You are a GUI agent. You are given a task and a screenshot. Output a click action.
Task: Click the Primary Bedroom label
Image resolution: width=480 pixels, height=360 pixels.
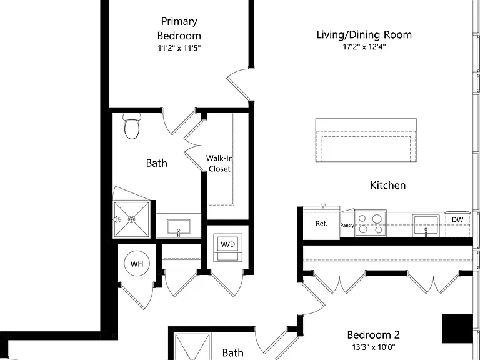(179, 29)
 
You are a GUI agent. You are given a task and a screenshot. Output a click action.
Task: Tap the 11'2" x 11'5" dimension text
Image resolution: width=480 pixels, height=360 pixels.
(179, 48)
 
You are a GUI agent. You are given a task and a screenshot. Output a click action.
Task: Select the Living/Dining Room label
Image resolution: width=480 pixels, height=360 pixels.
(364, 35)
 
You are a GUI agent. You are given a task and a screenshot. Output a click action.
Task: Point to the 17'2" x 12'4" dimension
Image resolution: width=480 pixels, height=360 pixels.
(364, 47)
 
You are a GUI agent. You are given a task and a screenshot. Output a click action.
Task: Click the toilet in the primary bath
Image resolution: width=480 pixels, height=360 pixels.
(132, 126)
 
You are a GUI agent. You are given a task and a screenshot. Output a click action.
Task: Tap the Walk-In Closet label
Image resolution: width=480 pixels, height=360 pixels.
(219, 164)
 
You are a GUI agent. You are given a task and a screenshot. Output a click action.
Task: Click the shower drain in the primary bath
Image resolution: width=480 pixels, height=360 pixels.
(132, 219)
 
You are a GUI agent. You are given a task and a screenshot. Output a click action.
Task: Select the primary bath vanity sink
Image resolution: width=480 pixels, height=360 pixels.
(179, 227)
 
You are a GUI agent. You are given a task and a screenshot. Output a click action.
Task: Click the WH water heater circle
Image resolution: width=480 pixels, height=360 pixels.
(137, 264)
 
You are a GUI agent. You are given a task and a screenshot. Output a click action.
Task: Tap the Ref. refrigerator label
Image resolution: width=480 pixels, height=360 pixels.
(321, 224)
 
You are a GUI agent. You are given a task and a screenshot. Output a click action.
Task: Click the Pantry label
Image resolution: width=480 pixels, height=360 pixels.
(347, 225)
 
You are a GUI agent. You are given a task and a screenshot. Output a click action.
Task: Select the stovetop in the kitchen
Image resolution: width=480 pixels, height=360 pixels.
(371, 224)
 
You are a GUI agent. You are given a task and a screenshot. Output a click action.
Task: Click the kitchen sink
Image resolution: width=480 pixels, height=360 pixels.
(426, 226)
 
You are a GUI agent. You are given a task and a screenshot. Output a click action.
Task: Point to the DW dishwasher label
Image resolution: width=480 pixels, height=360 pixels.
(457, 219)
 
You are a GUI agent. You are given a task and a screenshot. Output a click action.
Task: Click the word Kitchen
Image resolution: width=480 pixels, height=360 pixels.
(388, 185)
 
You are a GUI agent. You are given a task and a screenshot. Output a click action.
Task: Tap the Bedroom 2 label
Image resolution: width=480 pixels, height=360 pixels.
(374, 335)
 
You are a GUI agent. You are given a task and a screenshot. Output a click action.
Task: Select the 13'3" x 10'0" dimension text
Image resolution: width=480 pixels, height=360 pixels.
(374, 347)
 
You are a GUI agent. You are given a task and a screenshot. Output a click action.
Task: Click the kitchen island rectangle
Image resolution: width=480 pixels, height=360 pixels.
(366, 140)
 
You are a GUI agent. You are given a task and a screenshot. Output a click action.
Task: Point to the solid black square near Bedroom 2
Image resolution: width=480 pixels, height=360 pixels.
(457, 329)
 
